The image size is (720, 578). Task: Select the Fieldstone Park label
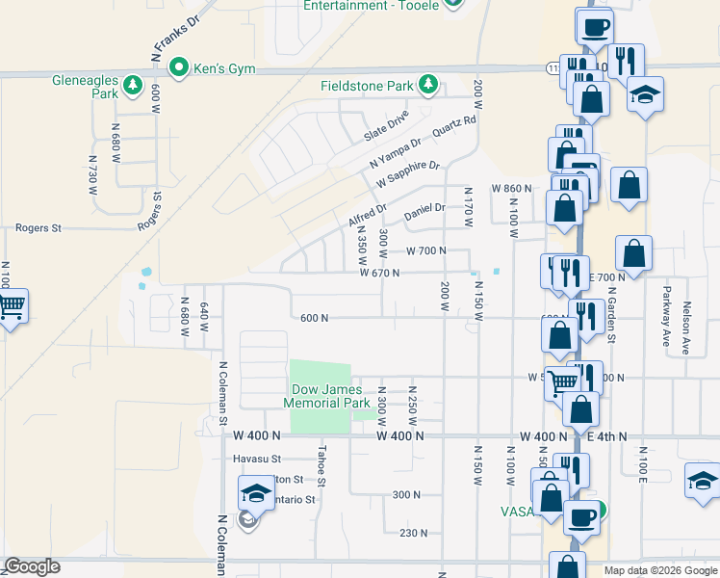click(367, 86)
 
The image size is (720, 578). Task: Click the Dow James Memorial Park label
click(330, 396)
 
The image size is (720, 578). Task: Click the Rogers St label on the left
click(39, 228)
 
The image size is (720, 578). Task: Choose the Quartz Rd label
click(454, 127)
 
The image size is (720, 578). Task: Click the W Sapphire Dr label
click(407, 173)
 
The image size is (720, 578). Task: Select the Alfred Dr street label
click(367, 215)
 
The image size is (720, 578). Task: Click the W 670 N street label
click(379, 273)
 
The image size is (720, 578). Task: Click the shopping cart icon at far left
click(12, 306)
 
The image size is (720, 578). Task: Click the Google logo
click(33, 566)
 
